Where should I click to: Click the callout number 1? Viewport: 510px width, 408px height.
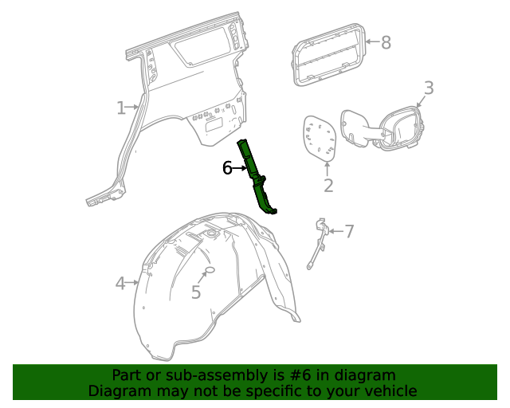121,108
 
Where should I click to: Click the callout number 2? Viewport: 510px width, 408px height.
328,186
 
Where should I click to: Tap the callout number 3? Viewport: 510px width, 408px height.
428,88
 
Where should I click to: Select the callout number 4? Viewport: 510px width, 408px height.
120,283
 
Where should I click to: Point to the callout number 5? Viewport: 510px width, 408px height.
196,292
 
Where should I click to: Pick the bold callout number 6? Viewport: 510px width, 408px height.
227,168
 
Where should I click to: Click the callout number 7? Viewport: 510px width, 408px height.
348,232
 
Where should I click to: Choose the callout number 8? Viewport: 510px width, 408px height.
386,42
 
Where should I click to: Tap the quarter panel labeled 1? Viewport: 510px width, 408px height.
183,88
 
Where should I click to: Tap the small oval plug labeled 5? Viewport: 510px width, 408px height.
210,272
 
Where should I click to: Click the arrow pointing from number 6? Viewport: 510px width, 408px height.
241,168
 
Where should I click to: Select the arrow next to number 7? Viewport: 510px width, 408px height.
335,231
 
